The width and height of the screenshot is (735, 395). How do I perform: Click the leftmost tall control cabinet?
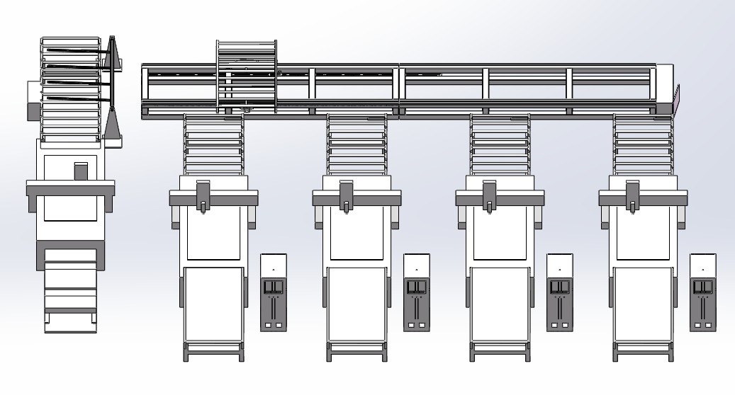tap(274, 292)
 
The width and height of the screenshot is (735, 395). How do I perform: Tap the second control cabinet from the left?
tap(417, 292)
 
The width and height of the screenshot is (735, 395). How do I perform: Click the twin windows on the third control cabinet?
tap(560, 287)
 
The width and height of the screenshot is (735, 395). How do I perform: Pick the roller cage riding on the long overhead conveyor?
tap(246, 76)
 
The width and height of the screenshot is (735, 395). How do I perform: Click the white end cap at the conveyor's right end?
tap(666, 86)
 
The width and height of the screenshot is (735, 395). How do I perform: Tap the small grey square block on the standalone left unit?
tap(81, 171)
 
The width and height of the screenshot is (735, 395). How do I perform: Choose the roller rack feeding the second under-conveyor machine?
tap(357, 144)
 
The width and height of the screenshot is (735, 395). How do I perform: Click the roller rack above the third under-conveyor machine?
tap(500, 144)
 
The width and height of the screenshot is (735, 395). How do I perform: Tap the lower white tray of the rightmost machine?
tap(643, 304)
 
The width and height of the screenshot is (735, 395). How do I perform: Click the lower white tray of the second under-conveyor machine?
tap(357, 304)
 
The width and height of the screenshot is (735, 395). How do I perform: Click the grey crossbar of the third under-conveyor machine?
tap(500, 198)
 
